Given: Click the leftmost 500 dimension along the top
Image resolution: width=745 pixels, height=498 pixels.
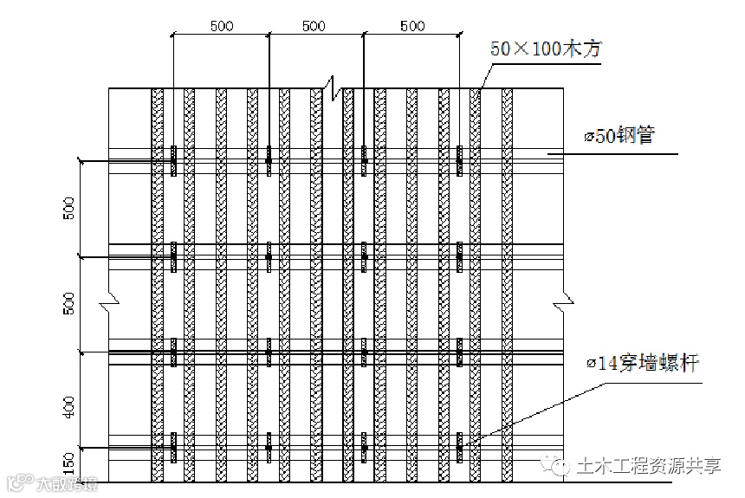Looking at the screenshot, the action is [x=221, y=26].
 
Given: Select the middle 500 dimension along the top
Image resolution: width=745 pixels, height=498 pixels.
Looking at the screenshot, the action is [x=314, y=26].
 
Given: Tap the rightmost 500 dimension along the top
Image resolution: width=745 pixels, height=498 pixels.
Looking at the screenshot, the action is [x=413, y=26].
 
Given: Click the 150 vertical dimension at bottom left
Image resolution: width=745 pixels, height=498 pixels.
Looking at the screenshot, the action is [x=70, y=459].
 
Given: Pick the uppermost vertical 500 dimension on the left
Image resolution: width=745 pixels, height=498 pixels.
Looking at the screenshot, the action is [x=70, y=208].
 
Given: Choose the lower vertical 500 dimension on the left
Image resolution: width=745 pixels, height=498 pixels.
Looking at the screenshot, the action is [x=70, y=303].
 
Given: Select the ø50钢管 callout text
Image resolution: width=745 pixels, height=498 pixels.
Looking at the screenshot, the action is [x=619, y=136].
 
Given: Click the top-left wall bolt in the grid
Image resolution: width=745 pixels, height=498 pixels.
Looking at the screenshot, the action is [x=173, y=159].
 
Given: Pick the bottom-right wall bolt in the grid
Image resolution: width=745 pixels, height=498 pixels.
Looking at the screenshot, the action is [x=459, y=447].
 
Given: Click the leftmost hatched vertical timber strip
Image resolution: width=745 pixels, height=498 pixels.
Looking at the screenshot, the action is [x=157, y=286].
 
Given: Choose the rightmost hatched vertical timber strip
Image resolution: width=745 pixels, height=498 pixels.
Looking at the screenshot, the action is [x=507, y=286].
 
